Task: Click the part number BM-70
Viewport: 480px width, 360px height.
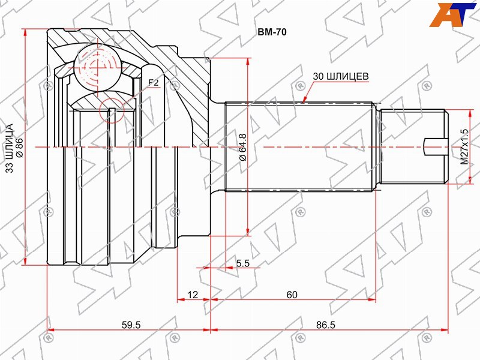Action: coord(272,32)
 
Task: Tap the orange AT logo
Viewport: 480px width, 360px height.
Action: coord(452,14)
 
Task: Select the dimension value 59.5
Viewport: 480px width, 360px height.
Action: coord(131,325)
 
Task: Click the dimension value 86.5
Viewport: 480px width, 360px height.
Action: coord(326,325)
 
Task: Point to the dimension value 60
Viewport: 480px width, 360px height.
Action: coord(292,295)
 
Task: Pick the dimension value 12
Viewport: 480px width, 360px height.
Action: coord(193,295)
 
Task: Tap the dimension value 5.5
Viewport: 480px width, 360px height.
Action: coord(243,263)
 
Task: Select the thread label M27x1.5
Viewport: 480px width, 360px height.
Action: coord(464,147)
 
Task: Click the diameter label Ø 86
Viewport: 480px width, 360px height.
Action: coord(19,148)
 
